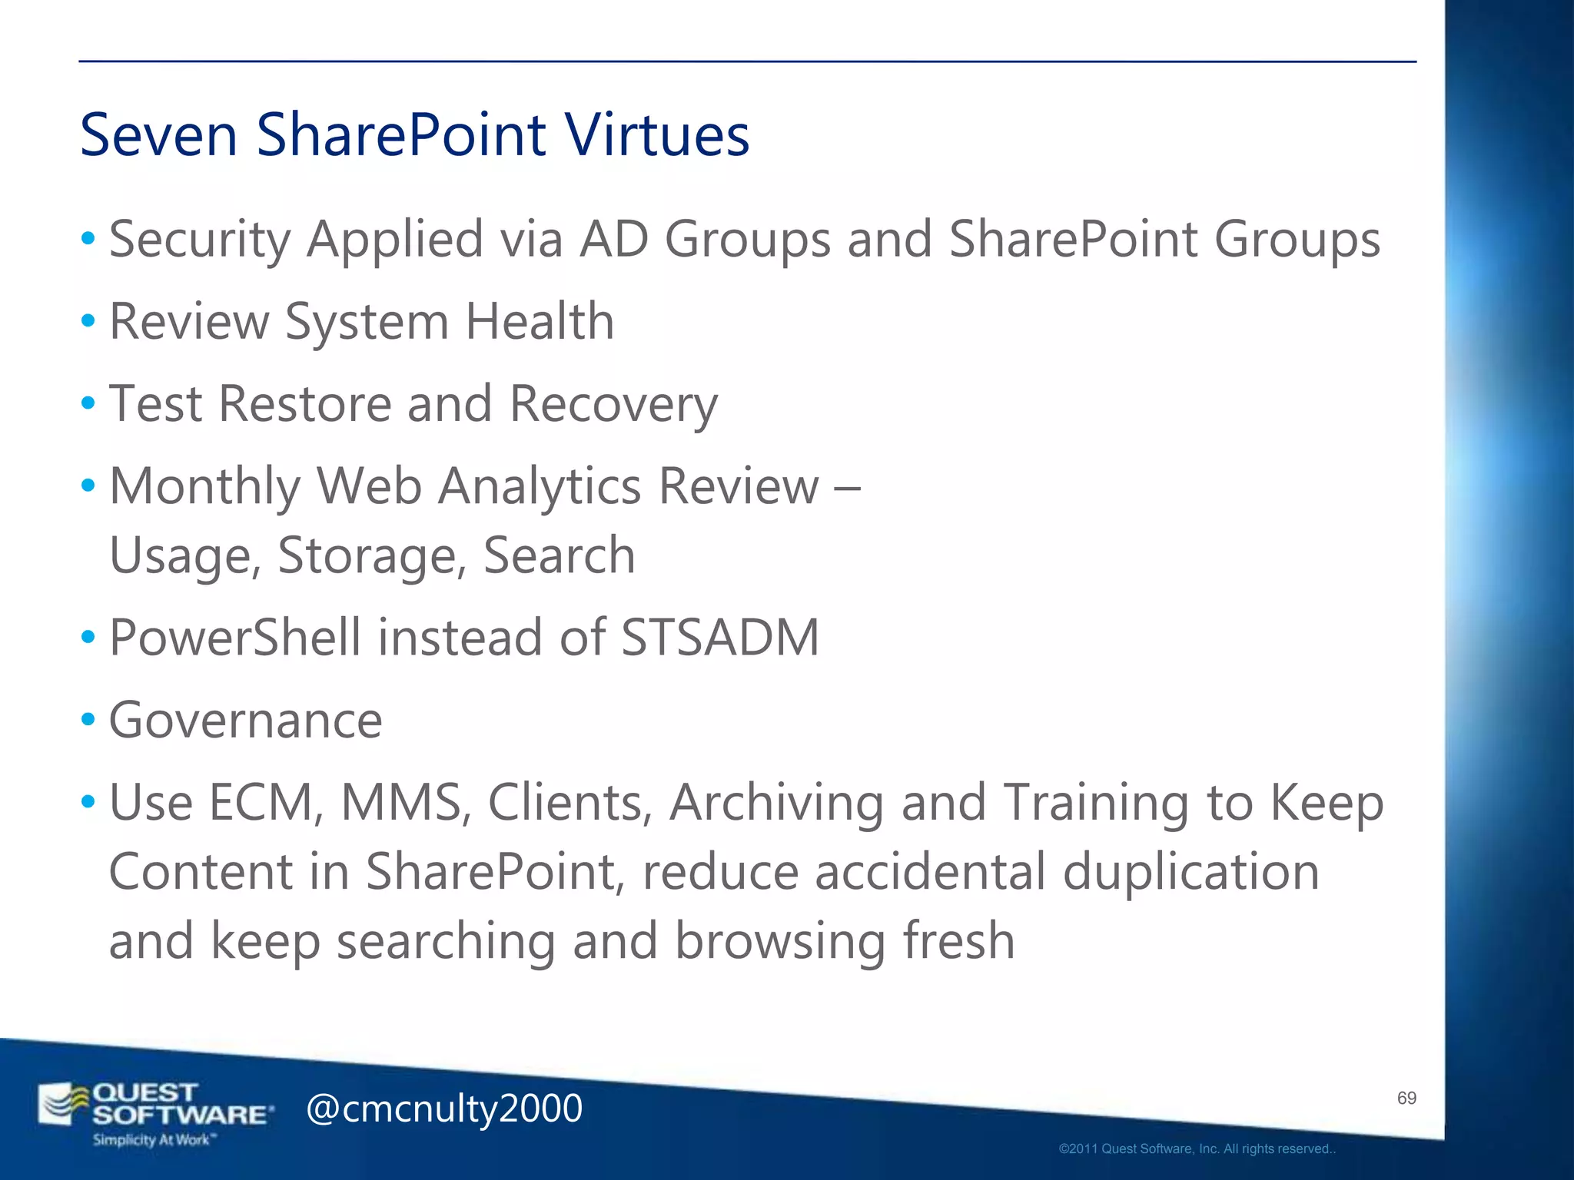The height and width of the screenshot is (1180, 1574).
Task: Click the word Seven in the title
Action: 158,135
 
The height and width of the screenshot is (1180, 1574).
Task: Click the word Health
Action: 540,321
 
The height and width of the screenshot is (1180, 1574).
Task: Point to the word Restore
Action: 305,403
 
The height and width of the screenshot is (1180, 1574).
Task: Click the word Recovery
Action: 613,405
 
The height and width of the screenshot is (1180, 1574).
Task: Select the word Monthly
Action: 205,487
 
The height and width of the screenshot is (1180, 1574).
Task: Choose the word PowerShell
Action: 235,638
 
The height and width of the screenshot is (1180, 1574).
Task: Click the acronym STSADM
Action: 720,638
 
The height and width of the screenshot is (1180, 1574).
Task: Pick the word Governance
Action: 246,721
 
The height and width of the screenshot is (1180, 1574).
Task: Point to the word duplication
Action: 1190,872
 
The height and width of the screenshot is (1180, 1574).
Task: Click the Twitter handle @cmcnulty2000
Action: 444,1109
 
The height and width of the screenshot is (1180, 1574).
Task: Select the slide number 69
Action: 1406,1099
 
